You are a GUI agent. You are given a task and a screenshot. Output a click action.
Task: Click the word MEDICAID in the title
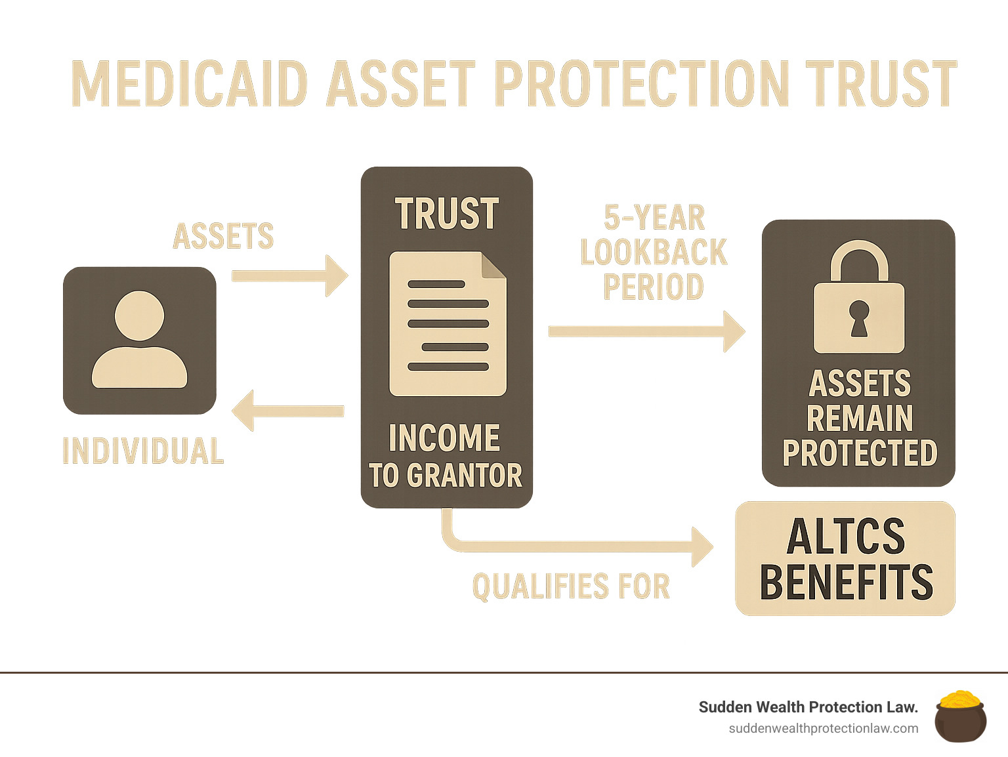(190, 83)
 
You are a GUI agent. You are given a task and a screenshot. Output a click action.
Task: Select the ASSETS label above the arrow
(223, 236)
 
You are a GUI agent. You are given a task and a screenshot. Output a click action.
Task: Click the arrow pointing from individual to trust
(289, 276)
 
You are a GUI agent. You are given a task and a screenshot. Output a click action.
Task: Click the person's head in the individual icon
(139, 316)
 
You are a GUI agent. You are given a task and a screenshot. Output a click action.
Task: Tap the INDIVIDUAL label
(143, 451)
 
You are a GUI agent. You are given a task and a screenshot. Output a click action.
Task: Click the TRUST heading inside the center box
(446, 214)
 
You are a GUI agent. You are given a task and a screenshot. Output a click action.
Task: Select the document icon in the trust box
(447, 325)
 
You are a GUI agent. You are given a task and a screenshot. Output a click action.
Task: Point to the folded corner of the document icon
(493, 264)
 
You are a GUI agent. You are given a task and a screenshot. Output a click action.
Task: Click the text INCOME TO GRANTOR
(446, 457)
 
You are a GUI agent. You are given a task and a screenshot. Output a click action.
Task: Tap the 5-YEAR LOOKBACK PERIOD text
(654, 253)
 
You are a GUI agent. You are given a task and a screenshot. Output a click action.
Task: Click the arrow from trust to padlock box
(646, 331)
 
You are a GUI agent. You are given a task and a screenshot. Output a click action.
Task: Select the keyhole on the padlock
(858, 318)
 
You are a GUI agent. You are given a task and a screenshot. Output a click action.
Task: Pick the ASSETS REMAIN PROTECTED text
(859, 419)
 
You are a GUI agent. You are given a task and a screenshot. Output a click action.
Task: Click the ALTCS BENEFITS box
(845, 559)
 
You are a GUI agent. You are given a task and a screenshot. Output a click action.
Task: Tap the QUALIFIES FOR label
(571, 586)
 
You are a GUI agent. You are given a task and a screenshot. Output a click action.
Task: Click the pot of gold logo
(960, 716)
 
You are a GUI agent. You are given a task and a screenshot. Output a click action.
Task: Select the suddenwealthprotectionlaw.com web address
(823, 729)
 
